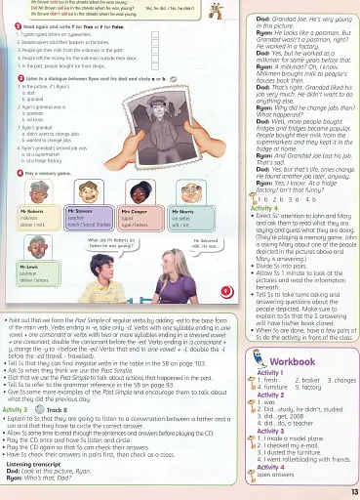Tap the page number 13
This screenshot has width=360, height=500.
[x=353, y=490]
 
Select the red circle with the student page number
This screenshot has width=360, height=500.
[x=225, y=290]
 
